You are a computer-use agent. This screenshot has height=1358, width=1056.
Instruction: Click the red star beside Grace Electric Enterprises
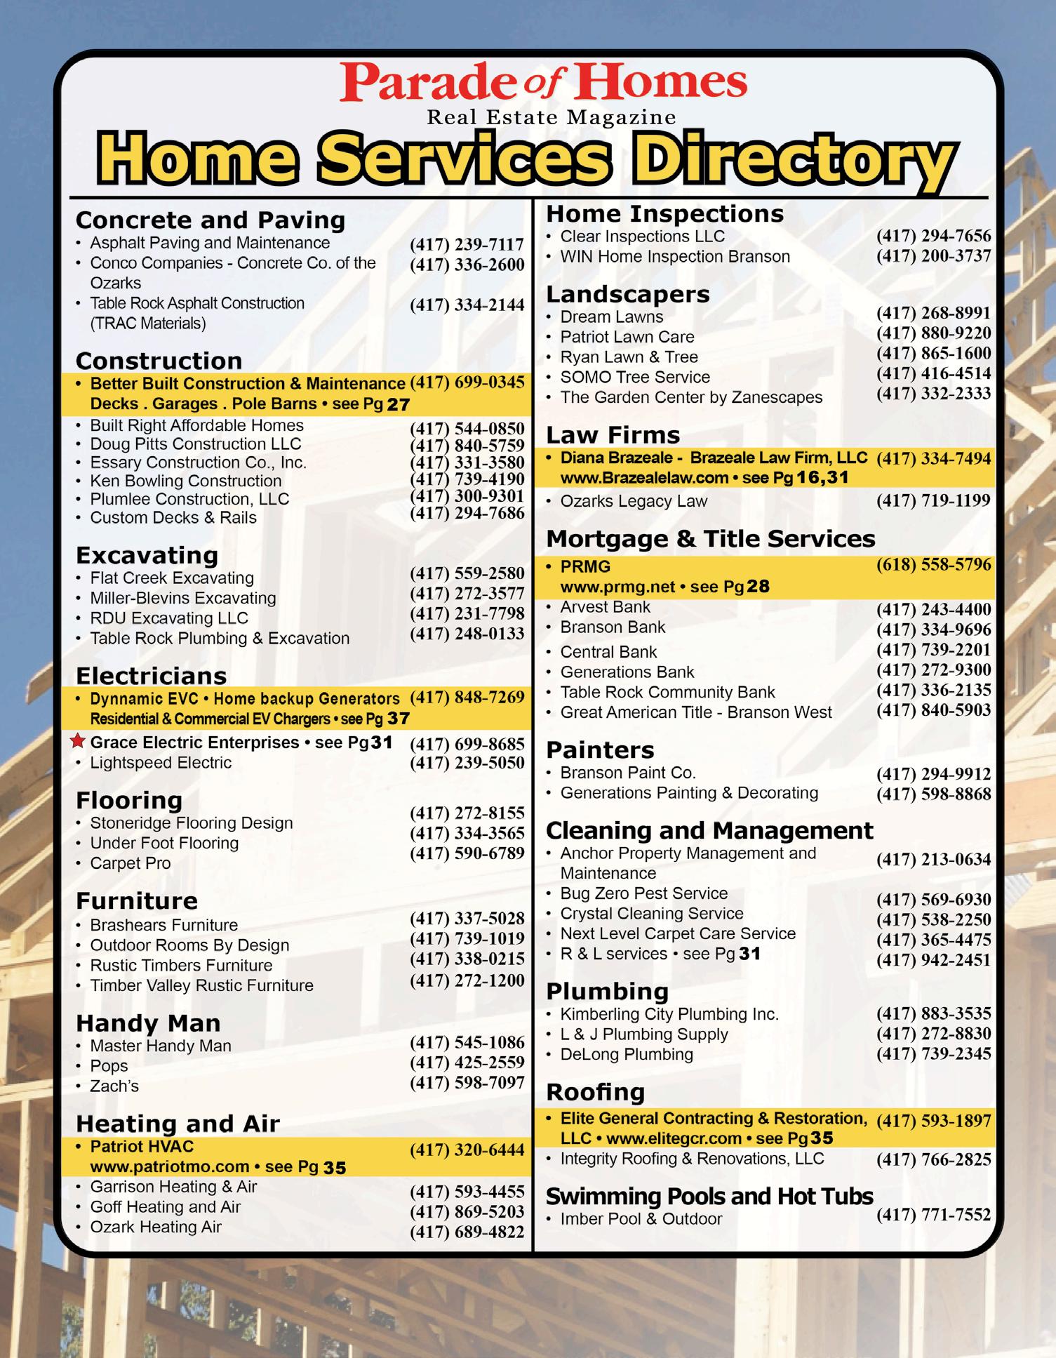coord(79,741)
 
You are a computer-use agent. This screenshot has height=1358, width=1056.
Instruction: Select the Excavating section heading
coord(147,555)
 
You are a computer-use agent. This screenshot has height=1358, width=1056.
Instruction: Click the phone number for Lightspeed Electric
coord(467,763)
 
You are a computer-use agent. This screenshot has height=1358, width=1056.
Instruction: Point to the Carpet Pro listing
coord(130,863)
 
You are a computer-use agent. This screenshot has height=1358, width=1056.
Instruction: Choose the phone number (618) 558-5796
coord(933,565)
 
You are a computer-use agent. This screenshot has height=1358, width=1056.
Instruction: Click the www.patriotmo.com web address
coord(170,1166)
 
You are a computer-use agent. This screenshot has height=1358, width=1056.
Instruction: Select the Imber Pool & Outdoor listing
coord(641,1219)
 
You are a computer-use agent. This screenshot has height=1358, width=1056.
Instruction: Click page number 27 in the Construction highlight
coord(398,404)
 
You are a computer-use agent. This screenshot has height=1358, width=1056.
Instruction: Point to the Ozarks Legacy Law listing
coord(634,501)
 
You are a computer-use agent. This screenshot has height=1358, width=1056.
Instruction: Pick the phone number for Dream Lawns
coord(933,313)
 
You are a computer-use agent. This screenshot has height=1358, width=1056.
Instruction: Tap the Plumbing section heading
coord(607,991)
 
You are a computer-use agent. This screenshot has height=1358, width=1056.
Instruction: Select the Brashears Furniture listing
coord(164,925)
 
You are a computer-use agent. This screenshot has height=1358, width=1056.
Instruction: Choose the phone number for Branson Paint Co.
coord(933,774)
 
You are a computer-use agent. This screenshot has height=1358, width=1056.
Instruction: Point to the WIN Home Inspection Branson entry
coord(674,257)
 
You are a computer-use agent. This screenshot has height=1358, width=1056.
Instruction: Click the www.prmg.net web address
coord(617,587)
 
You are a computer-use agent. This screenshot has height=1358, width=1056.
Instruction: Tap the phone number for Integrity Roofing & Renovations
coord(933,1160)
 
